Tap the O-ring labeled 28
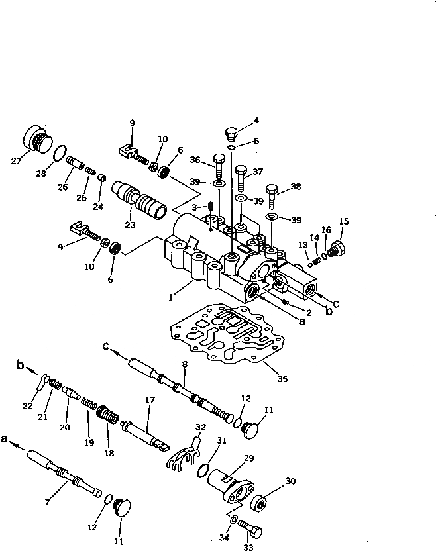pos(60,154)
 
